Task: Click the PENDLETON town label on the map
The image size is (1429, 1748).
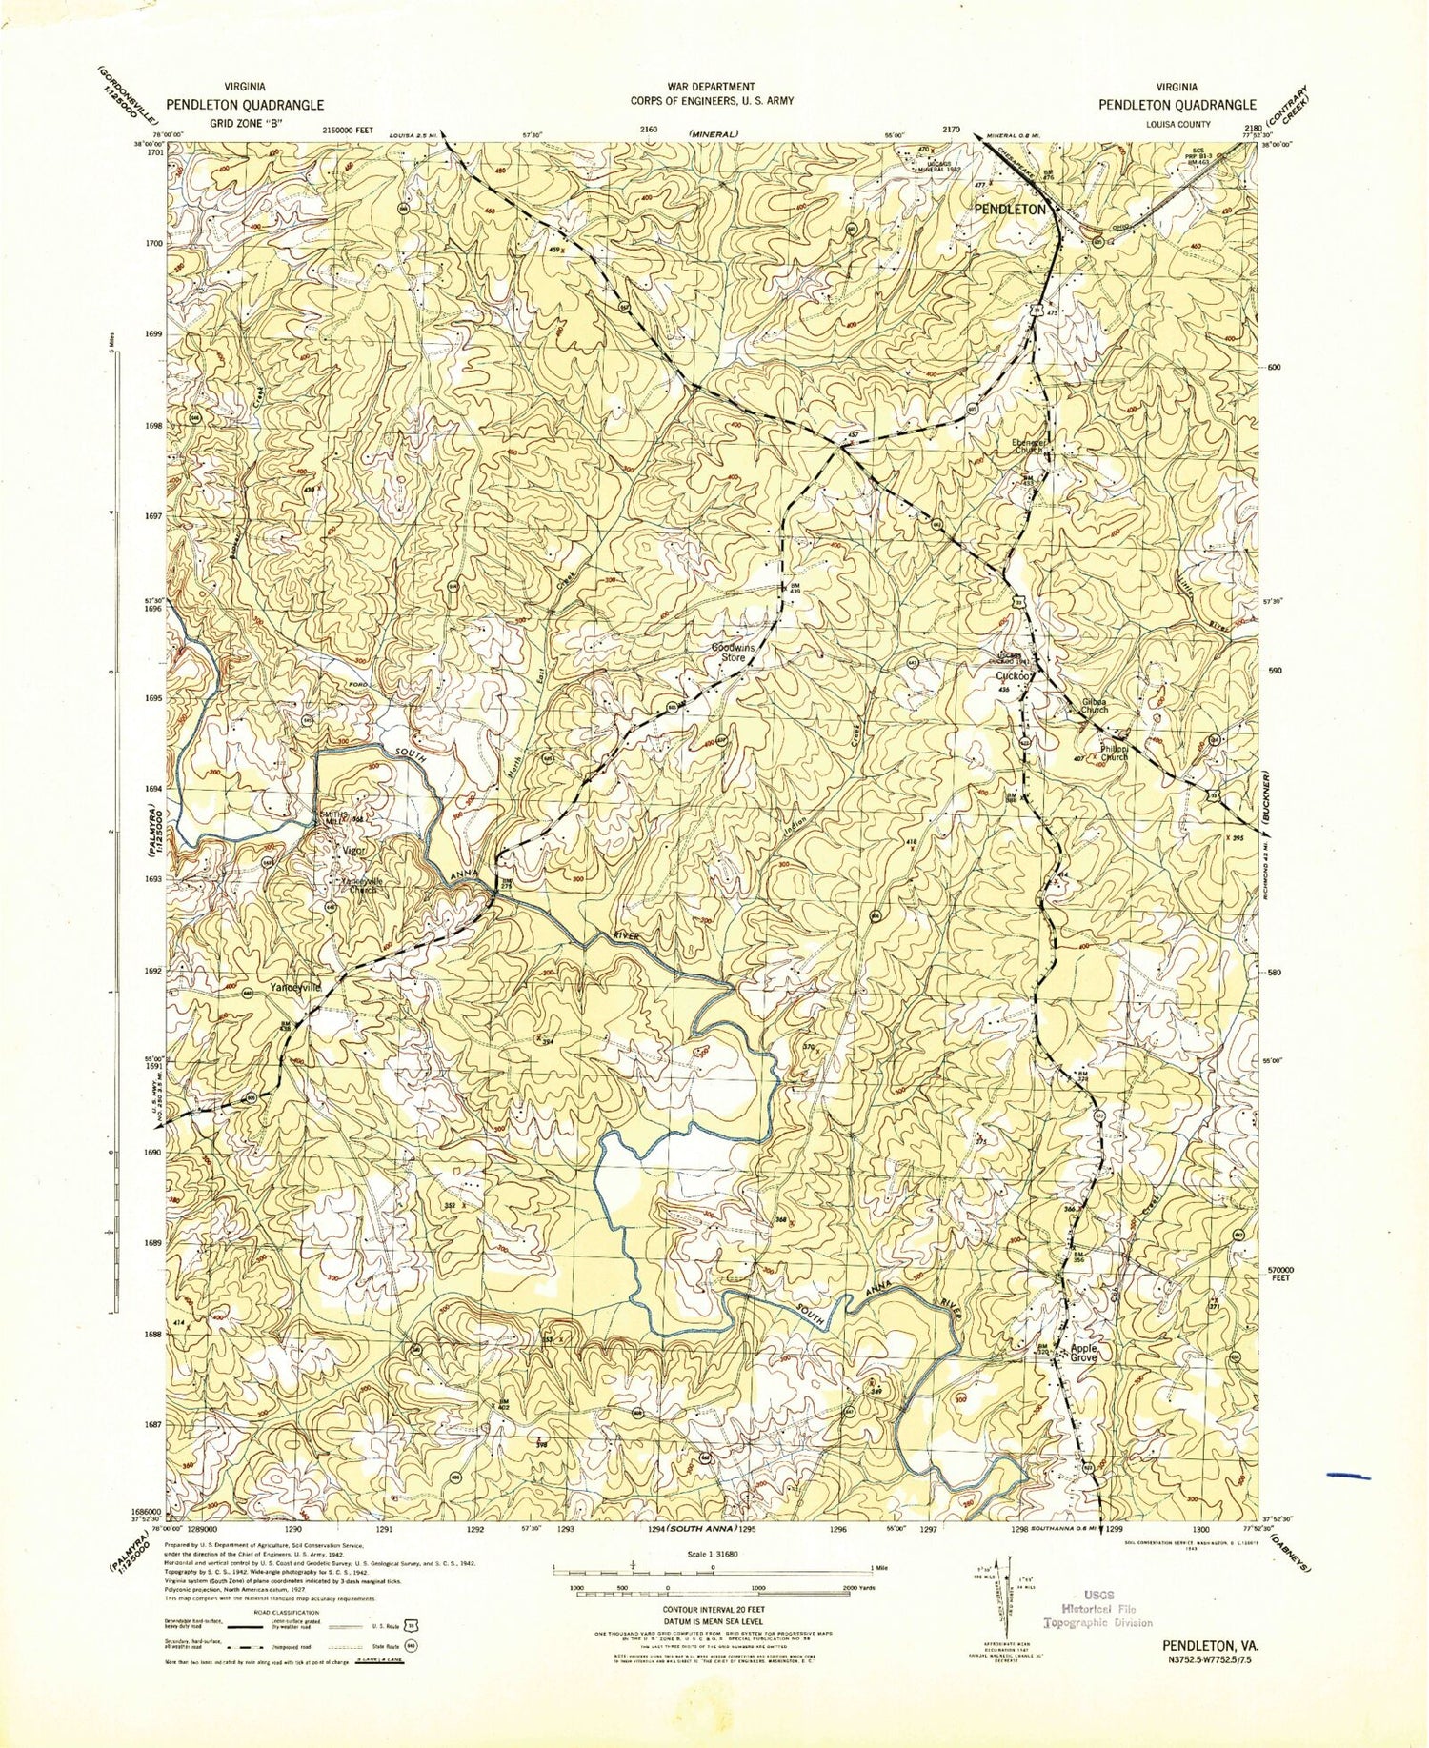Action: (1008, 209)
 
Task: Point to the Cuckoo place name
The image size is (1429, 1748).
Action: (1015, 675)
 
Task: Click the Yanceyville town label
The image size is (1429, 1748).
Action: (295, 986)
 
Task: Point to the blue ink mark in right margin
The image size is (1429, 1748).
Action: (1347, 1476)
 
